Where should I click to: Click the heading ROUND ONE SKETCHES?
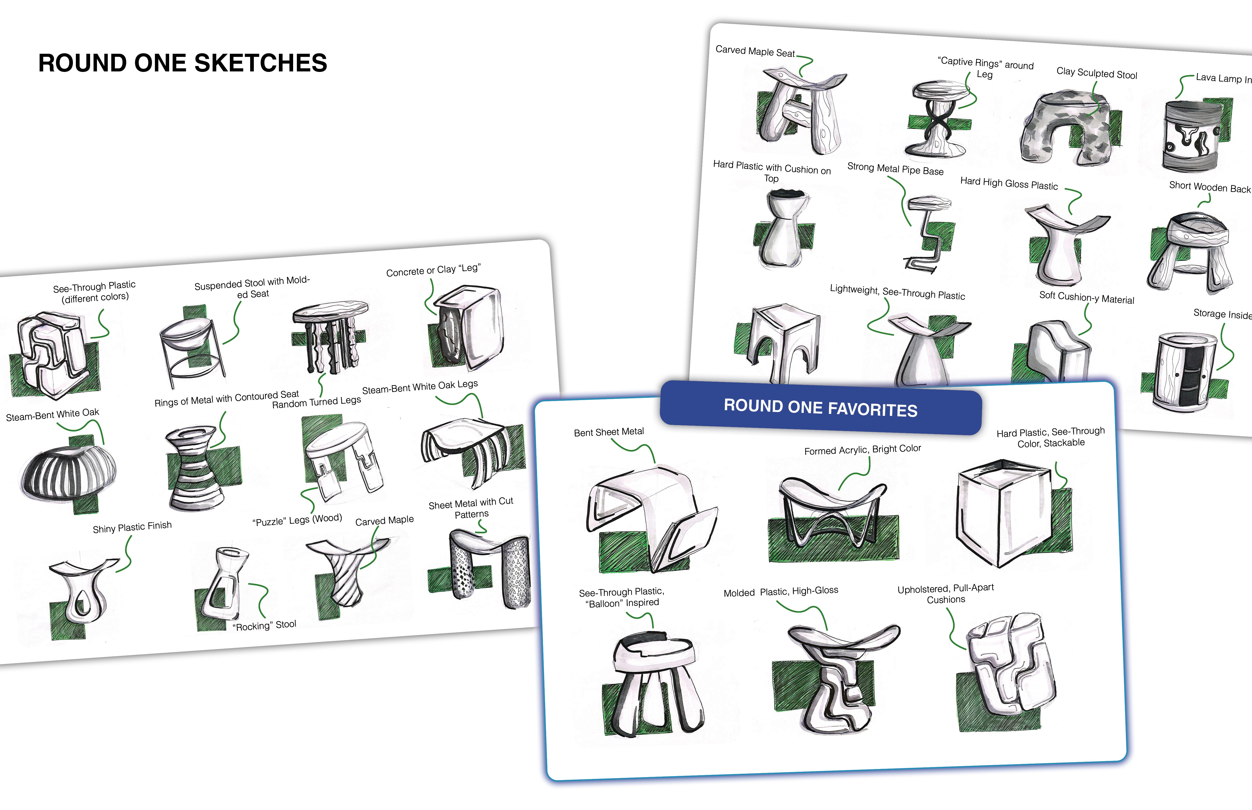[183, 63]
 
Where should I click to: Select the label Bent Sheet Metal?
[609, 432]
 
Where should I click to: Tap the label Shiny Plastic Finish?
[132, 527]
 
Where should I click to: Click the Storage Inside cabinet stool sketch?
[1186, 371]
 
